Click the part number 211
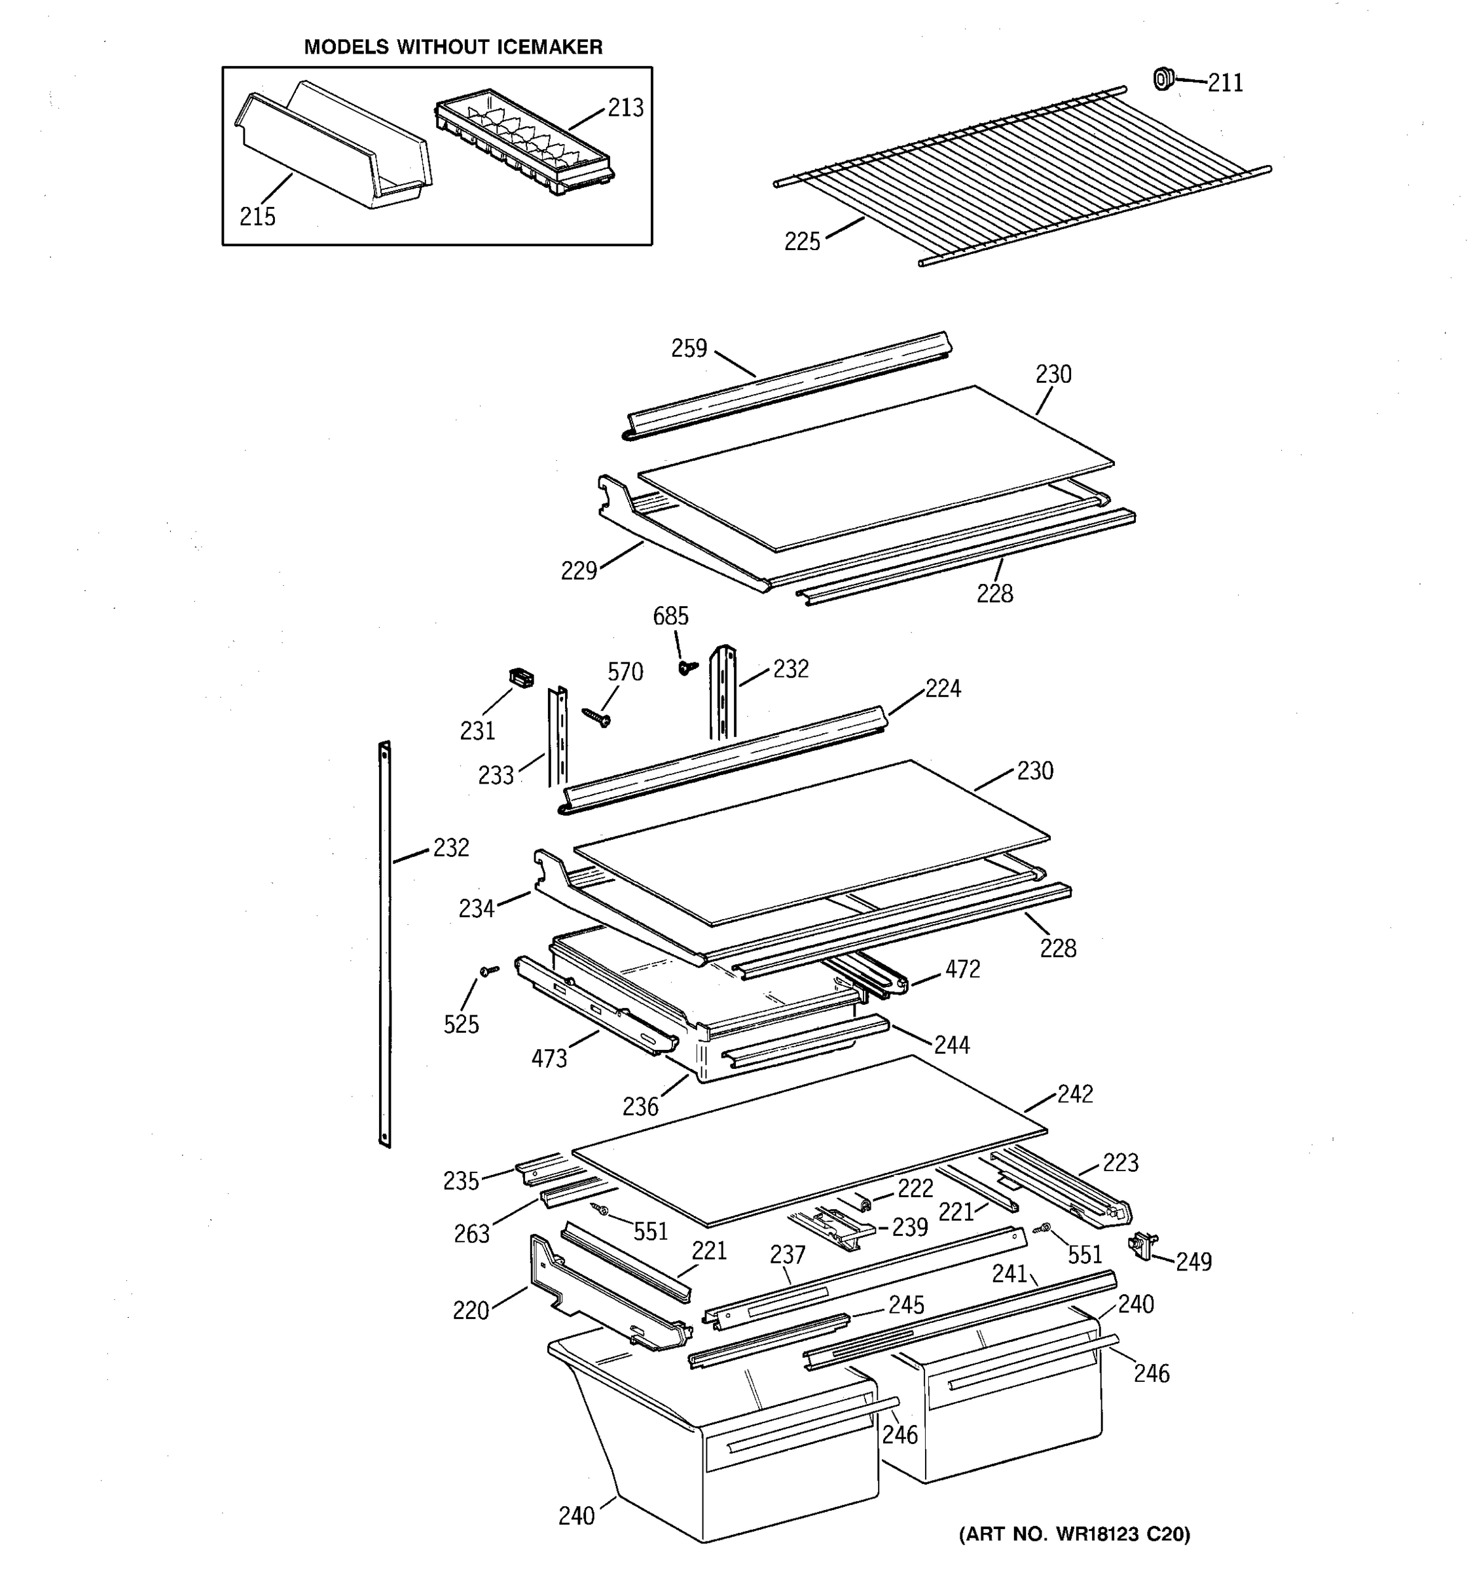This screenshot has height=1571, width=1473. coord(1225,83)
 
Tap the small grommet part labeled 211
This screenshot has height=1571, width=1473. coord(1163,79)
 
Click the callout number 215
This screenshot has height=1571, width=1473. coord(258,217)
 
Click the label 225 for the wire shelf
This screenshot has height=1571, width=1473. coord(802,242)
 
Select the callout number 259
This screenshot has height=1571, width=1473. coord(689,348)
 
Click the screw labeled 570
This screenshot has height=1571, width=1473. coord(596,717)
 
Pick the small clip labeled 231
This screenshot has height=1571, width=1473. coord(520,677)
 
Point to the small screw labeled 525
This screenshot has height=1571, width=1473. coord(489,969)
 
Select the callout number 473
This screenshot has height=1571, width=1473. coord(549,1058)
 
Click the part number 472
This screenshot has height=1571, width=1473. coord(962,969)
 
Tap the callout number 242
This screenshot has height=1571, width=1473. coord(1075,1094)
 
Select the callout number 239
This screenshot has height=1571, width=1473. coord(909,1227)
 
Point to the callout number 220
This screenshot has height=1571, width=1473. coord(471,1311)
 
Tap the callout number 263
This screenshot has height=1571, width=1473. coord(472,1234)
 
